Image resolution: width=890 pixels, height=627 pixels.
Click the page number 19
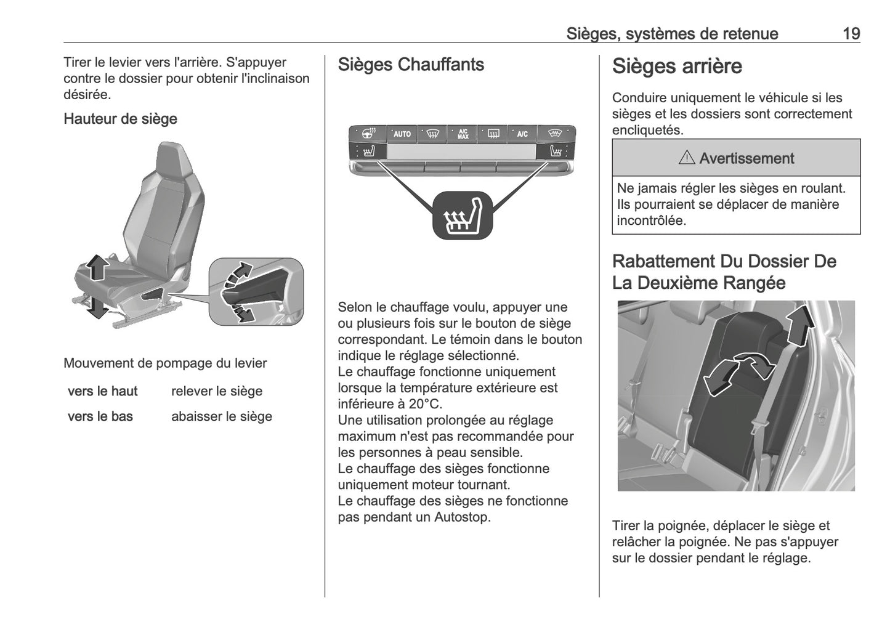851,33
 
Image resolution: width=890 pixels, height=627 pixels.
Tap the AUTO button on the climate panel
402,134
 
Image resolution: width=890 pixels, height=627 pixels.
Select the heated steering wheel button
368,133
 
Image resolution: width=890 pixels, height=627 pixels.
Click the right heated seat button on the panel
556,151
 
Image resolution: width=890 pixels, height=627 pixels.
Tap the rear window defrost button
493,134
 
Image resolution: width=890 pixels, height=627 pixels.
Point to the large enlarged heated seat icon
463,215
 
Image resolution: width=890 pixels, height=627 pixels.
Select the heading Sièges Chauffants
411,65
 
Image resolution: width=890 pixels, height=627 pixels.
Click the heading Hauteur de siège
120,119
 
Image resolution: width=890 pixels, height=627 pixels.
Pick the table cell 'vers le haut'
103,391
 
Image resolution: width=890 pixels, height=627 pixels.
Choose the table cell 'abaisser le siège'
221,416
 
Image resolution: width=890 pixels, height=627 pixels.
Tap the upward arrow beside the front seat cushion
97,269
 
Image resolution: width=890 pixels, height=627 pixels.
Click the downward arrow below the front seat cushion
97,307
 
